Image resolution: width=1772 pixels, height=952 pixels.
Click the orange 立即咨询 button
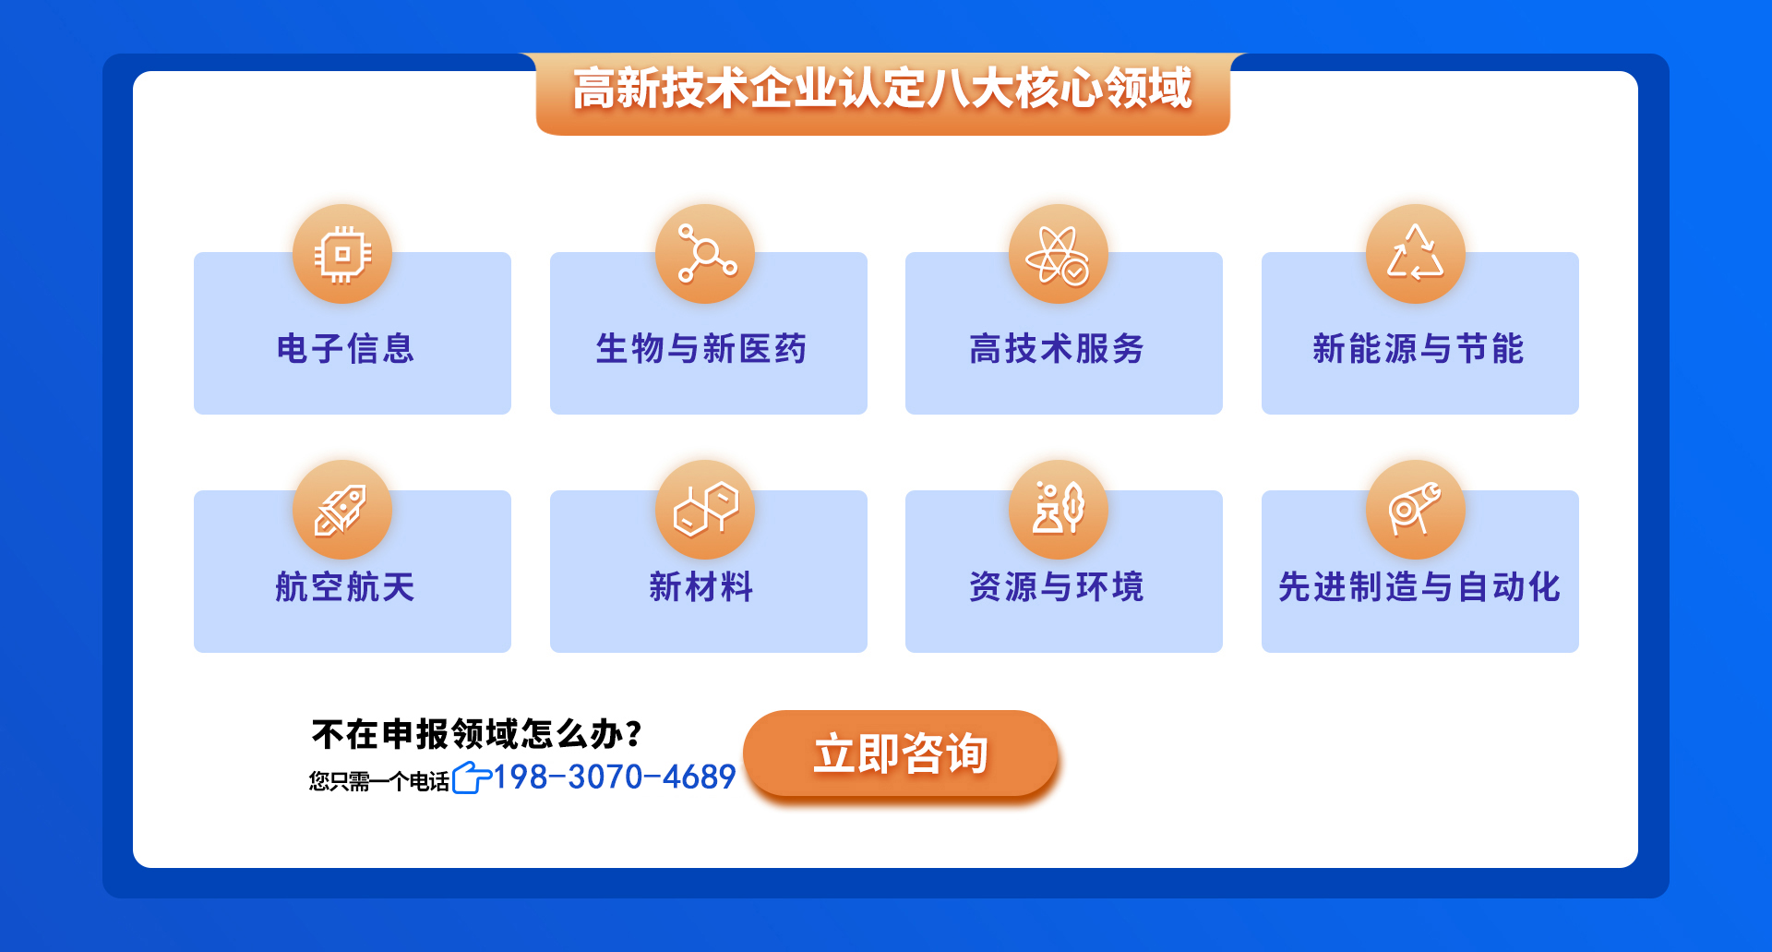[x=900, y=753]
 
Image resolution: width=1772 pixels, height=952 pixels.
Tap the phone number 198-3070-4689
[x=615, y=777]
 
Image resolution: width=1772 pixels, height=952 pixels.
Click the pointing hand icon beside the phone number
[x=472, y=777]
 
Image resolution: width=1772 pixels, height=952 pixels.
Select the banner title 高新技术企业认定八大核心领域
[x=882, y=89]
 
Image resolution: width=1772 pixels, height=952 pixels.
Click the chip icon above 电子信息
[x=342, y=254]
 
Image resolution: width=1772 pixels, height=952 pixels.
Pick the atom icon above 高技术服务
[x=1059, y=254]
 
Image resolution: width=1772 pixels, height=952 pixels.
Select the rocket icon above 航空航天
[x=342, y=510]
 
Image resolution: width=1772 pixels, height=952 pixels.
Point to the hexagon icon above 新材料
[x=705, y=510]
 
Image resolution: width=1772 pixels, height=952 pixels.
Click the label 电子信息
[x=345, y=349]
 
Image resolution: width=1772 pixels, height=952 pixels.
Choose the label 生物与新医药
[x=701, y=349]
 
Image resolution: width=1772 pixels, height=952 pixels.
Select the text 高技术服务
[x=1057, y=349]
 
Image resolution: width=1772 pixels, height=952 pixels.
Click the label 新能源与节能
[x=1419, y=349]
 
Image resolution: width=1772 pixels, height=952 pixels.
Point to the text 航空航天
[x=345, y=587]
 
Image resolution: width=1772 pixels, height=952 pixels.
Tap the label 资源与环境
[x=1057, y=587]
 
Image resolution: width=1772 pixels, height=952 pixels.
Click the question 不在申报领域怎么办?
[x=476, y=734]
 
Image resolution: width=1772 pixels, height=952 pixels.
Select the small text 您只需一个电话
[x=379, y=781]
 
